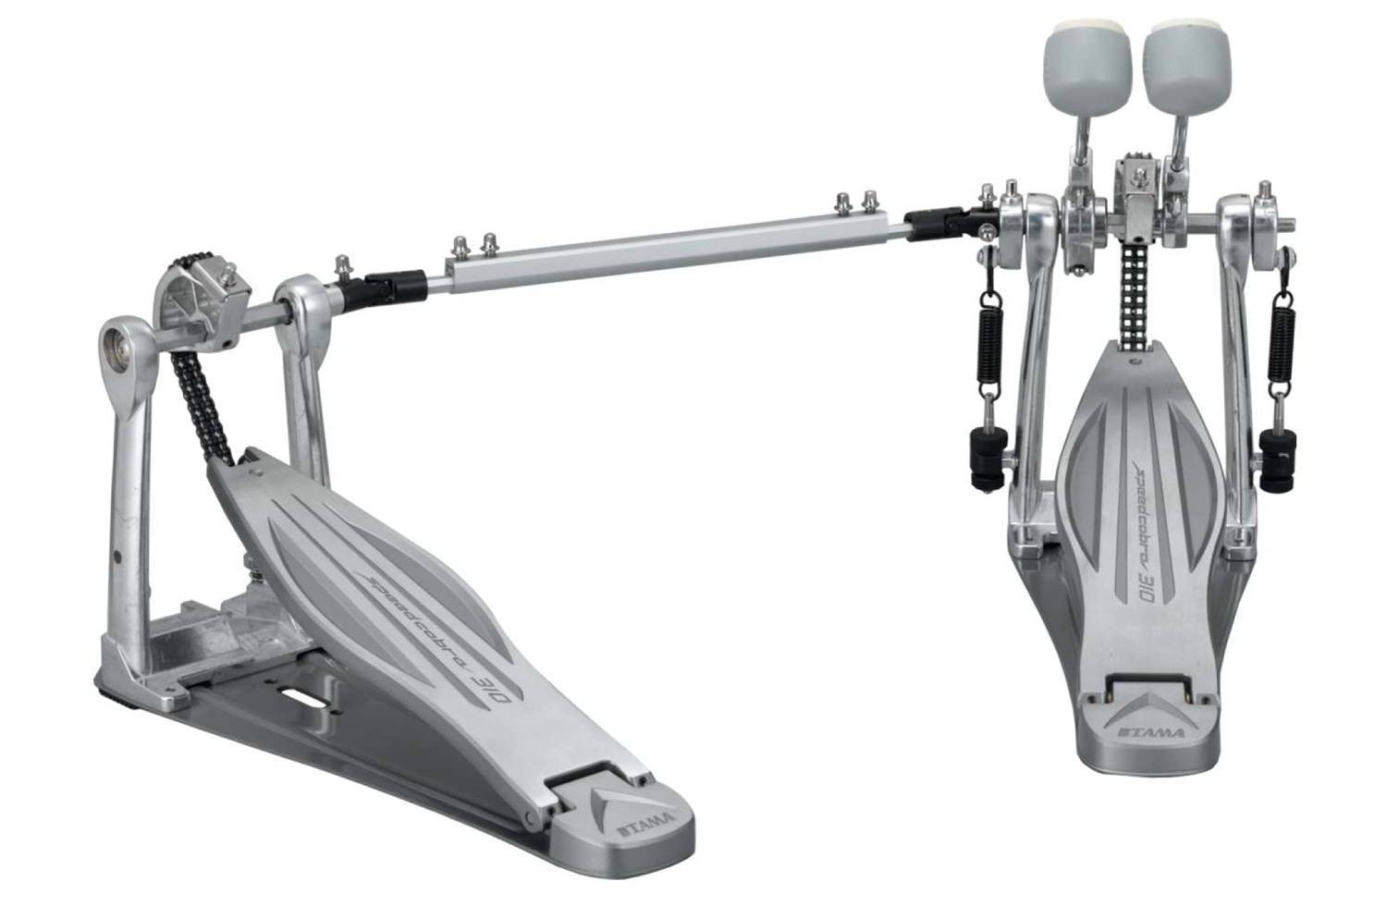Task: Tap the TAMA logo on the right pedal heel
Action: pos(1151,732)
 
